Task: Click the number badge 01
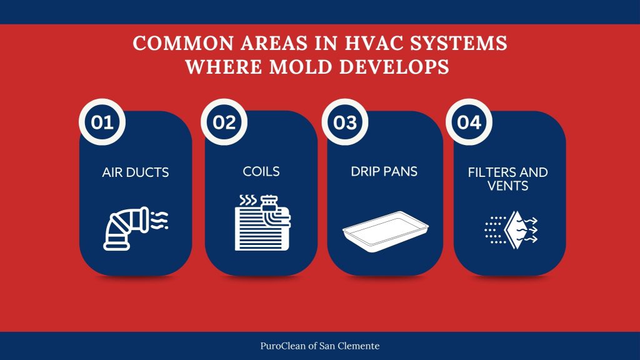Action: pyautogui.click(x=102, y=122)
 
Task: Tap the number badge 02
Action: pyautogui.click(x=224, y=122)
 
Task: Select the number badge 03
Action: pyautogui.click(x=345, y=122)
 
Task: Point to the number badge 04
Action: pyautogui.click(x=469, y=122)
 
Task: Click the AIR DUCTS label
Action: pyautogui.click(x=136, y=172)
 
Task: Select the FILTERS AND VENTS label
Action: pyautogui.click(x=507, y=179)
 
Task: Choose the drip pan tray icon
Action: pyautogui.click(x=384, y=228)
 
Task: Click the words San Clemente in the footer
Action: pyautogui.click(x=358, y=345)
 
